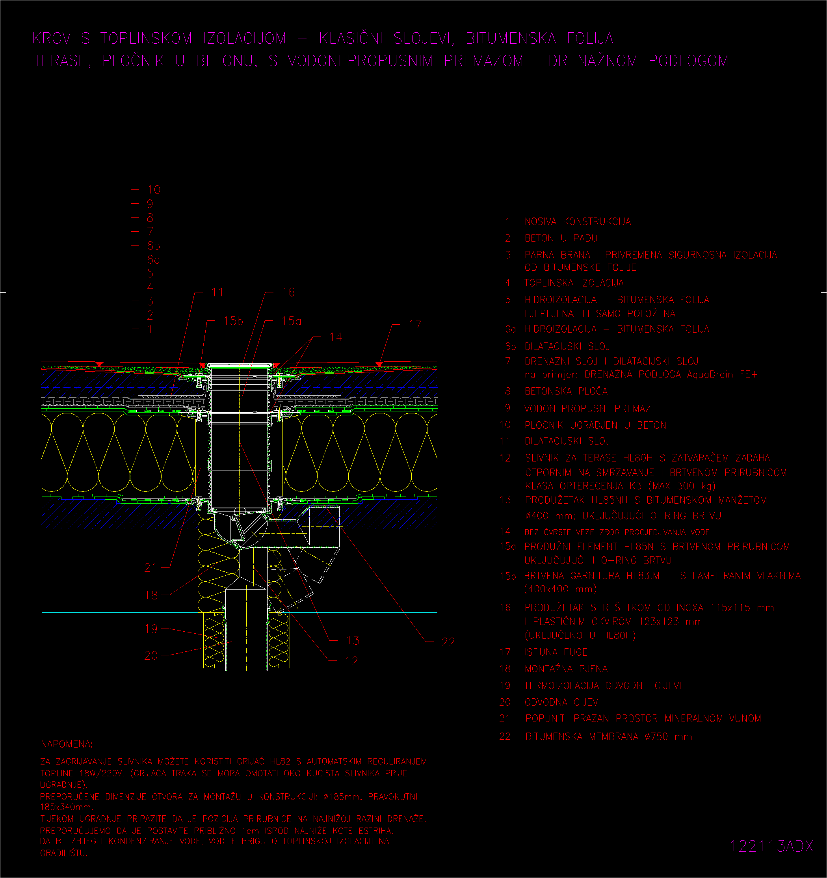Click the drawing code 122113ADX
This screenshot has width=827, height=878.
771,846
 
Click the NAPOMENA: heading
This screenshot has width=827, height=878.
67,744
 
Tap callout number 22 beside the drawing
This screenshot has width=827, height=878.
448,642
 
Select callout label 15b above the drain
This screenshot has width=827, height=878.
234,321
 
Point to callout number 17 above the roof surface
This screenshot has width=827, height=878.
415,325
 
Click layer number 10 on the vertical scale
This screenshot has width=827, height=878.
154,190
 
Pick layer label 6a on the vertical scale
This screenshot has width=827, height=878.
153,260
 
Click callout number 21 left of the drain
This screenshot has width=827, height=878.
151,567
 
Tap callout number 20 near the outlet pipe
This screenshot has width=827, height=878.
151,655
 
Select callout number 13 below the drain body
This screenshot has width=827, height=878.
353,640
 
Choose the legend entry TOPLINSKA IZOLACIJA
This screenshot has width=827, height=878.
574,283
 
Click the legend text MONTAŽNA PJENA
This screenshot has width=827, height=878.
566,669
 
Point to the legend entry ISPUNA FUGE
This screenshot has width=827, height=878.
556,652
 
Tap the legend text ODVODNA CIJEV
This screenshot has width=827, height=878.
561,702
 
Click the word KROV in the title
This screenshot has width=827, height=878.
52,39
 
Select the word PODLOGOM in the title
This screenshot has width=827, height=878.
688,61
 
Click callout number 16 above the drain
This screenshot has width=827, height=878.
288,292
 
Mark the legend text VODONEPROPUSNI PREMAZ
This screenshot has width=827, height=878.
587,409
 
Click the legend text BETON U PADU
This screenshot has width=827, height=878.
561,238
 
